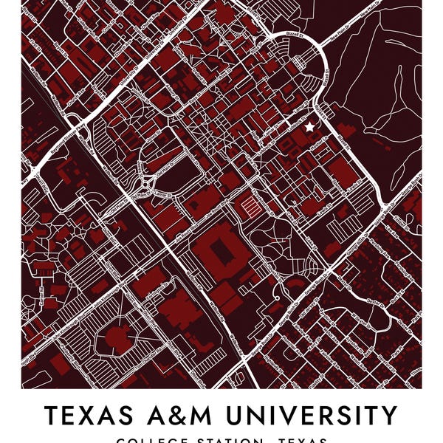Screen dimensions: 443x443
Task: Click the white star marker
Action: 309,127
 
